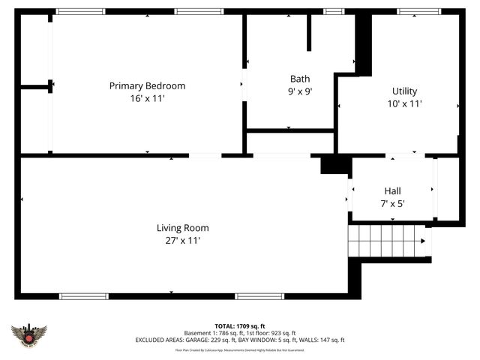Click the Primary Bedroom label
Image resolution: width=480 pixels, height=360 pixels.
coord(147,86)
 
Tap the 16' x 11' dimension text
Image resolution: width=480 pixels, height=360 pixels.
coord(147,98)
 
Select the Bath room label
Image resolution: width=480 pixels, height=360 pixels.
coord(300,79)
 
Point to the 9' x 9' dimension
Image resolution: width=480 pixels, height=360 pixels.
coord(300,91)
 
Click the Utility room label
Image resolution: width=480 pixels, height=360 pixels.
coord(404,91)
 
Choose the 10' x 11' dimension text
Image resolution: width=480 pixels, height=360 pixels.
coord(404,104)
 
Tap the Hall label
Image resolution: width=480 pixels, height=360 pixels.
coord(393,190)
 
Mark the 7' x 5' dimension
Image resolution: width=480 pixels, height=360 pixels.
coord(393,203)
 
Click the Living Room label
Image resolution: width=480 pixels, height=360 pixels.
coord(182,228)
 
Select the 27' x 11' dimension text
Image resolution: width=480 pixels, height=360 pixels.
coord(182,241)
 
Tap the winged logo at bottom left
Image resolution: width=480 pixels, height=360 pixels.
coord(29,334)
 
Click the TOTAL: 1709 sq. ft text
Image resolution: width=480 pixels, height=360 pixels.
coord(240,326)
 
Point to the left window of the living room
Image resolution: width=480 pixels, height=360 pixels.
coord(84,296)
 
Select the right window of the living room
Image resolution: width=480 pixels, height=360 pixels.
coord(259,296)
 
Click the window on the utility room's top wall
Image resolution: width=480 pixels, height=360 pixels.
coord(418,12)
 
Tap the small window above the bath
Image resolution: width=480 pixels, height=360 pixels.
coord(334,12)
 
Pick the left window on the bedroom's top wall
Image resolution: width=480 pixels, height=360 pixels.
coord(81,12)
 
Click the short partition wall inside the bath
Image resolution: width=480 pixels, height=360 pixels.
coord(308,32)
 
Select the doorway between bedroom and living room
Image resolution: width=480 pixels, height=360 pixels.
coord(205,156)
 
